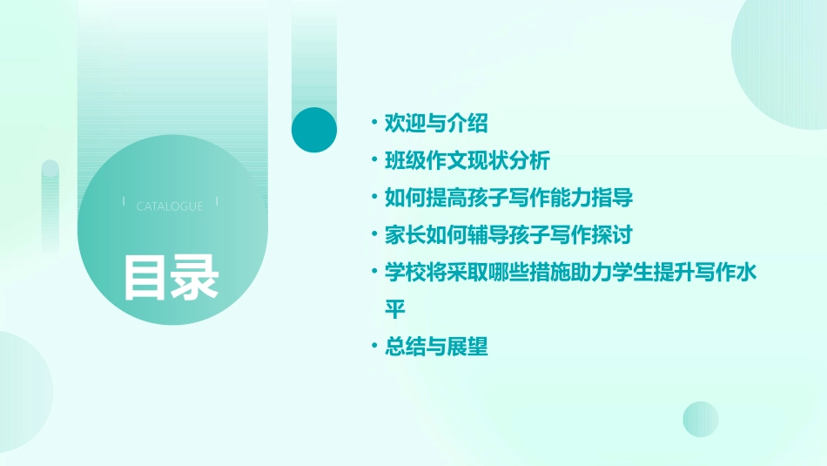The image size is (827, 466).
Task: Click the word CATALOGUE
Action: tap(170, 206)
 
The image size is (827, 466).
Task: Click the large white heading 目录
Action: tap(170, 277)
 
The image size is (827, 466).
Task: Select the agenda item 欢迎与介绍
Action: tap(436, 123)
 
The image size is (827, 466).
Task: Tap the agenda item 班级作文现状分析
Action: tap(467, 160)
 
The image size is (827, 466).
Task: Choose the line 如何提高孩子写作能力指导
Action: tap(508, 198)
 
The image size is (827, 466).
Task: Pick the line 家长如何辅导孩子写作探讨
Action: tap(508, 235)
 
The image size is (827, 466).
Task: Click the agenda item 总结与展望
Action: tap(436, 347)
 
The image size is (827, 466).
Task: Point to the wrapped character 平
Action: tap(395, 309)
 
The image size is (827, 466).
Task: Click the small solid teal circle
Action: tap(314, 130)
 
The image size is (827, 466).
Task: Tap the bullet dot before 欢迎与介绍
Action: tap(373, 123)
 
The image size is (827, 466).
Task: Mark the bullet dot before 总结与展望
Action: tap(373, 347)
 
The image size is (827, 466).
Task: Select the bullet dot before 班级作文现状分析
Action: tap(373, 160)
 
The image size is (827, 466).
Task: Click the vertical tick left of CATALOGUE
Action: tap(124, 202)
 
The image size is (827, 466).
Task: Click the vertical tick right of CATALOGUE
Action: tap(217, 202)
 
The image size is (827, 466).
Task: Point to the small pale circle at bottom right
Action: tap(701, 419)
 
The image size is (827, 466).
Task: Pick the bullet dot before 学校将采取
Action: tap(373, 272)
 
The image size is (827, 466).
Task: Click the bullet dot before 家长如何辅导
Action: tap(373, 235)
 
